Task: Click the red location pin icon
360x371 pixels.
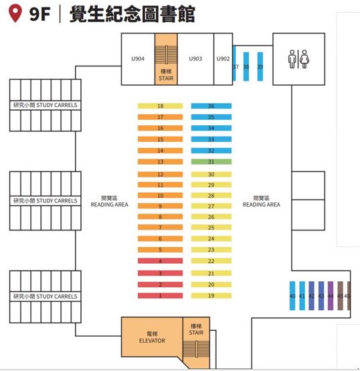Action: (15, 13)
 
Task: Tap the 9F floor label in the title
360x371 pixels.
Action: (39, 14)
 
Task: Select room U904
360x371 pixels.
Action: (138, 59)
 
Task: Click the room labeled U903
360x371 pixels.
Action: (195, 59)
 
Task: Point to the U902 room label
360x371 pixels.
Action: (223, 59)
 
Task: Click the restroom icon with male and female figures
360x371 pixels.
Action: (298, 59)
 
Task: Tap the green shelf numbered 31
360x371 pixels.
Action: (211, 162)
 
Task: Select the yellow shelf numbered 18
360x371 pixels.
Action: (161, 106)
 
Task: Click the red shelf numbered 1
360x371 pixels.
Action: (161, 295)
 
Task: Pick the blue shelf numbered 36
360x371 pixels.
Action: (211, 106)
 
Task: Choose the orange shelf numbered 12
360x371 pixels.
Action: (161, 174)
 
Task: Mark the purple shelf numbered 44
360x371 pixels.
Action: (331, 296)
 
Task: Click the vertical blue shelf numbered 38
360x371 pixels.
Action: (246, 66)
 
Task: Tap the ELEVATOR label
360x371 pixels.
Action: (152, 340)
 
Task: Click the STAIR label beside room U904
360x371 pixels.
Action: (166, 78)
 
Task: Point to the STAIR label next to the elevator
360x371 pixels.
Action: (196, 332)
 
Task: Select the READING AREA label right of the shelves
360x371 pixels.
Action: (262, 204)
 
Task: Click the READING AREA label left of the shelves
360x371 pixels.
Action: (110, 204)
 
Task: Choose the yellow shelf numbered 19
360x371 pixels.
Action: (211, 295)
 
